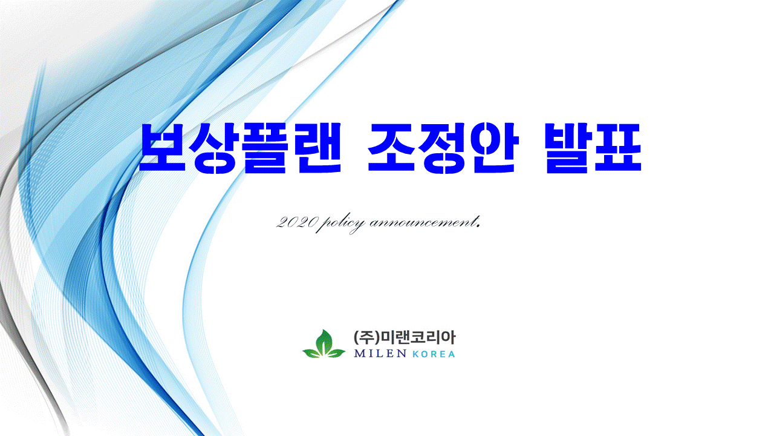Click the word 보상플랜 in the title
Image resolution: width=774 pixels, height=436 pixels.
point(240,148)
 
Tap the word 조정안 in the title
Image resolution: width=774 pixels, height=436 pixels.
point(443,148)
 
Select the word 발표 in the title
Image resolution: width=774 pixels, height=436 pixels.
point(594,148)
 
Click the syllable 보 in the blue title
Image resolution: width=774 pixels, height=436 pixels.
point(163,148)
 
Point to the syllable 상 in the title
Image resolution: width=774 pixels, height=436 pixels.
point(214,148)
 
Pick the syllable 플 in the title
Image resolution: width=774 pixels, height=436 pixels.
point(265,148)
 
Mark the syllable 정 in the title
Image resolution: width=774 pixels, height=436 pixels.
point(443,148)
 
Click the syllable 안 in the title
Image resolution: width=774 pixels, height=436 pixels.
point(495,148)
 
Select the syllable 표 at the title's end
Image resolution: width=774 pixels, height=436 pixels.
point(619,148)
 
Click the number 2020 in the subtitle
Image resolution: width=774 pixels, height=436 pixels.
point(296,222)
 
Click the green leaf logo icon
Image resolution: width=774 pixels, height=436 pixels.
point(324,344)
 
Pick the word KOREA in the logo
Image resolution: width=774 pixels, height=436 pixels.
point(434,354)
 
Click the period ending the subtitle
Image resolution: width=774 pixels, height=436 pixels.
point(478,226)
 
